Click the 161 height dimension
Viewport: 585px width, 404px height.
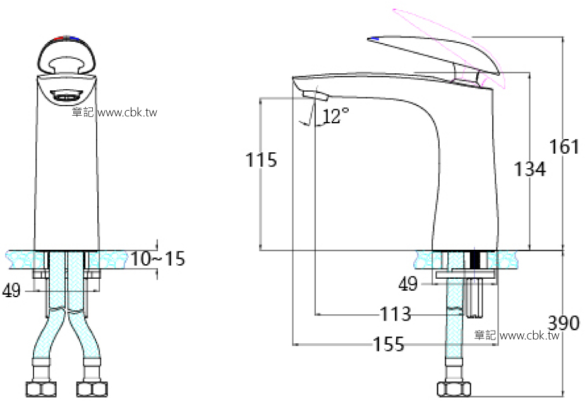click(x=564, y=147)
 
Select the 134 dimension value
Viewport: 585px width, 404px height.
click(x=529, y=169)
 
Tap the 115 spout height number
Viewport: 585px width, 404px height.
click(x=261, y=160)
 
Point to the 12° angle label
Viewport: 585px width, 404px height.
click(x=336, y=116)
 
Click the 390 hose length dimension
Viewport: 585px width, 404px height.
click(x=563, y=324)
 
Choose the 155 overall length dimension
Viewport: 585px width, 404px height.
click(x=389, y=345)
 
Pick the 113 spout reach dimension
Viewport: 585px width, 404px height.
click(x=395, y=314)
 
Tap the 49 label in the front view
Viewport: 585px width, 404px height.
click(x=12, y=291)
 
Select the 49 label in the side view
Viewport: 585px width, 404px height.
click(x=409, y=285)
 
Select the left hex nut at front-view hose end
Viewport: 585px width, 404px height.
click(x=35, y=388)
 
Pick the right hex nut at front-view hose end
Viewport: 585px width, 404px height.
click(x=90, y=388)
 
